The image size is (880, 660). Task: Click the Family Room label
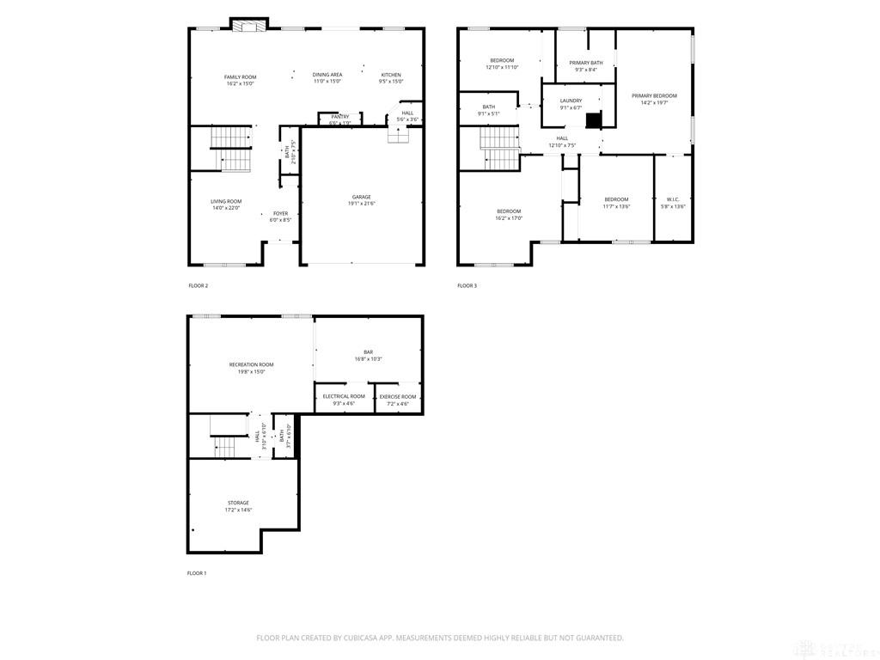(x=241, y=77)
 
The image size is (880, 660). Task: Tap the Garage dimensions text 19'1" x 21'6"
(x=362, y=204)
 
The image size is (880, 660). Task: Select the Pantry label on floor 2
(x=340, y=116)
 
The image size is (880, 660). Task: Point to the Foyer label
(x=281, y=213)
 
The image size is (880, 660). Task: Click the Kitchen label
(x=391, y=75)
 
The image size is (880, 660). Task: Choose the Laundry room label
(x=571, y=101)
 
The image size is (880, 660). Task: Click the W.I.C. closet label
(x=673, y=199)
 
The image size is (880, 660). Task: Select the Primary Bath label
(x=586, y=63)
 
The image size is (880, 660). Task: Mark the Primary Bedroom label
(x=654, y=95)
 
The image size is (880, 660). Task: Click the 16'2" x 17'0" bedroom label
(x=509, y=211)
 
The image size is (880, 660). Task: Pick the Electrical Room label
(x=344, y=396)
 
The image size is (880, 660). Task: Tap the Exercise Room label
(x=398, y=396)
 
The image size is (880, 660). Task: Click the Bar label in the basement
(x=368, y=351)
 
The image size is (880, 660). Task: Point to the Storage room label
(x=238, y=503)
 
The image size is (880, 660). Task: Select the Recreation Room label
(x=251, y=364)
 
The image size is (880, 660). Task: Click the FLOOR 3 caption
(x=467, y=285)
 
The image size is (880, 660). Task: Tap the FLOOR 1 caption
(x=197, y=573)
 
